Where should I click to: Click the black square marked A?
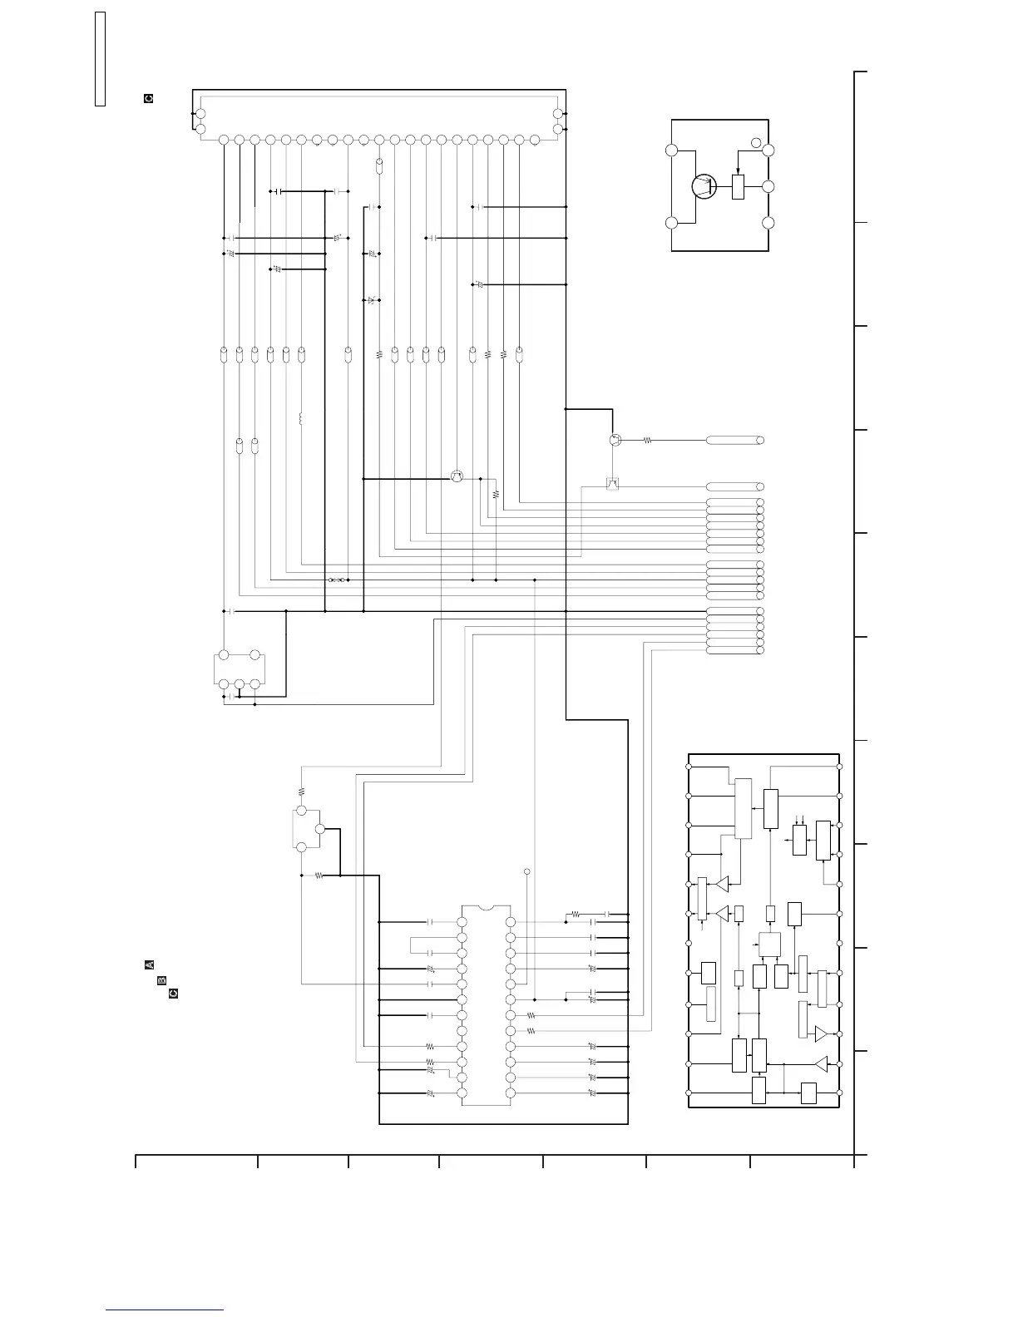coord(150,964)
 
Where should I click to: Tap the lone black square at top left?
coord(149,98)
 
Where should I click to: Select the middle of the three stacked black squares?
coord(162,979)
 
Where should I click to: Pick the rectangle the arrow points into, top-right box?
coord(738,186)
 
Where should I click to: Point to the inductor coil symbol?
coord(301,418)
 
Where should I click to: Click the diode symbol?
coord(371,300)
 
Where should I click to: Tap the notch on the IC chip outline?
coord(487,907)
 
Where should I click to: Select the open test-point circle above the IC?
coord(527,872)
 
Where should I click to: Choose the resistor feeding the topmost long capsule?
coord(647,441)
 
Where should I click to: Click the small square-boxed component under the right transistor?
coord(613,483)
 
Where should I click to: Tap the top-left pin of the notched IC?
coord(462,922)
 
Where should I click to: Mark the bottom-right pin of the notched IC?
coord(511,1093)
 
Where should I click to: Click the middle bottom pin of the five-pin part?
coord(239,684)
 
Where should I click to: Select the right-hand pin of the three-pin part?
coord(320,829)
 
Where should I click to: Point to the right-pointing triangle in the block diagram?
coord(821,1033)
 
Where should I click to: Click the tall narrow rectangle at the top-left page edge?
coord(100,59)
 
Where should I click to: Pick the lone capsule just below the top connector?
coord(379,166)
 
